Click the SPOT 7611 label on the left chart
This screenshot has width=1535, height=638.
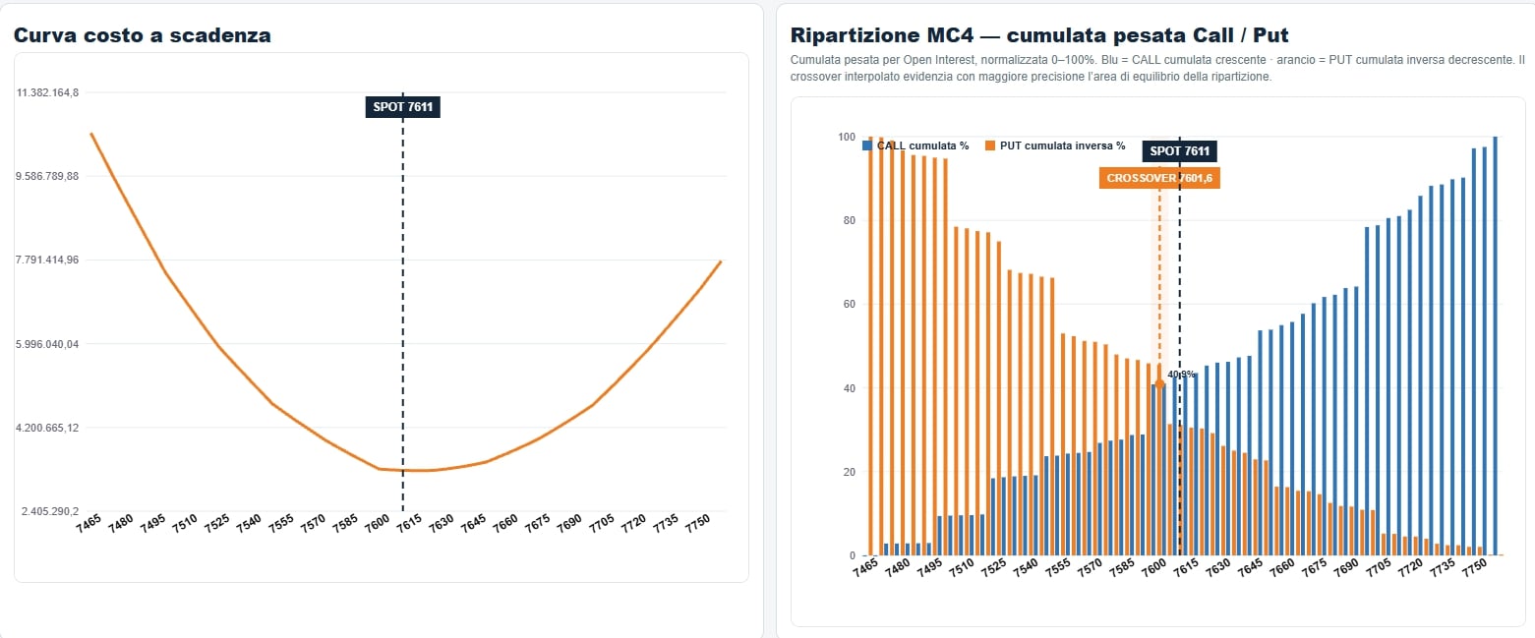[403, 107]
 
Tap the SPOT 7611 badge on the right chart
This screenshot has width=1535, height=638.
[1179, 151]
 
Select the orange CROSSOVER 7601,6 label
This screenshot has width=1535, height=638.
[1159, 178]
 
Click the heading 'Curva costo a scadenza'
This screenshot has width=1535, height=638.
[143, 35]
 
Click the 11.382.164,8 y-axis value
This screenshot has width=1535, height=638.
[47, 92]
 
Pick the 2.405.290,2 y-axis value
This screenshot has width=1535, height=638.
[50, 511]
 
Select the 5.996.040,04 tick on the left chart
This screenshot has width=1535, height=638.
[47, 344]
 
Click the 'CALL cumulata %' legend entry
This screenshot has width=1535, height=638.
[915, 145]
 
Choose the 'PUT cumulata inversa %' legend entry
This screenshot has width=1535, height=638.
[1055, 145]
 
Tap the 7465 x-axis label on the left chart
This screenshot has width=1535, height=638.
[89, 524]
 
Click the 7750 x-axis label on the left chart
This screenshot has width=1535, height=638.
[698, 524]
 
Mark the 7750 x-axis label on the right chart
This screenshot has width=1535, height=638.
[1475, 567]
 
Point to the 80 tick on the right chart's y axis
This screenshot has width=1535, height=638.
[850, 220]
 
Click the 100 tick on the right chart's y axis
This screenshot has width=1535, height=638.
[847, 137]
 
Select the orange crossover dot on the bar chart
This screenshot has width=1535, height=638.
[1159, 384]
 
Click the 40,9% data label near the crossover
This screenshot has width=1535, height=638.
[1181, 375]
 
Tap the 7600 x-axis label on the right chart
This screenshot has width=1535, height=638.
[1154, 567]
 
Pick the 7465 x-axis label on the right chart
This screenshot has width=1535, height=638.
[865, 567]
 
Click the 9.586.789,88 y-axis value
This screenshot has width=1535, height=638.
[47, 176]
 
